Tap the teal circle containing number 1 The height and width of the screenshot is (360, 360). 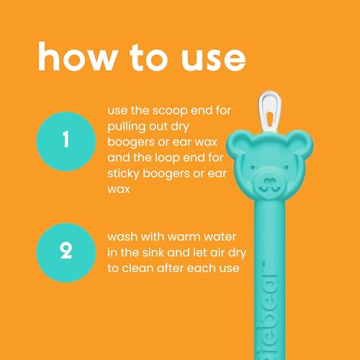66,139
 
